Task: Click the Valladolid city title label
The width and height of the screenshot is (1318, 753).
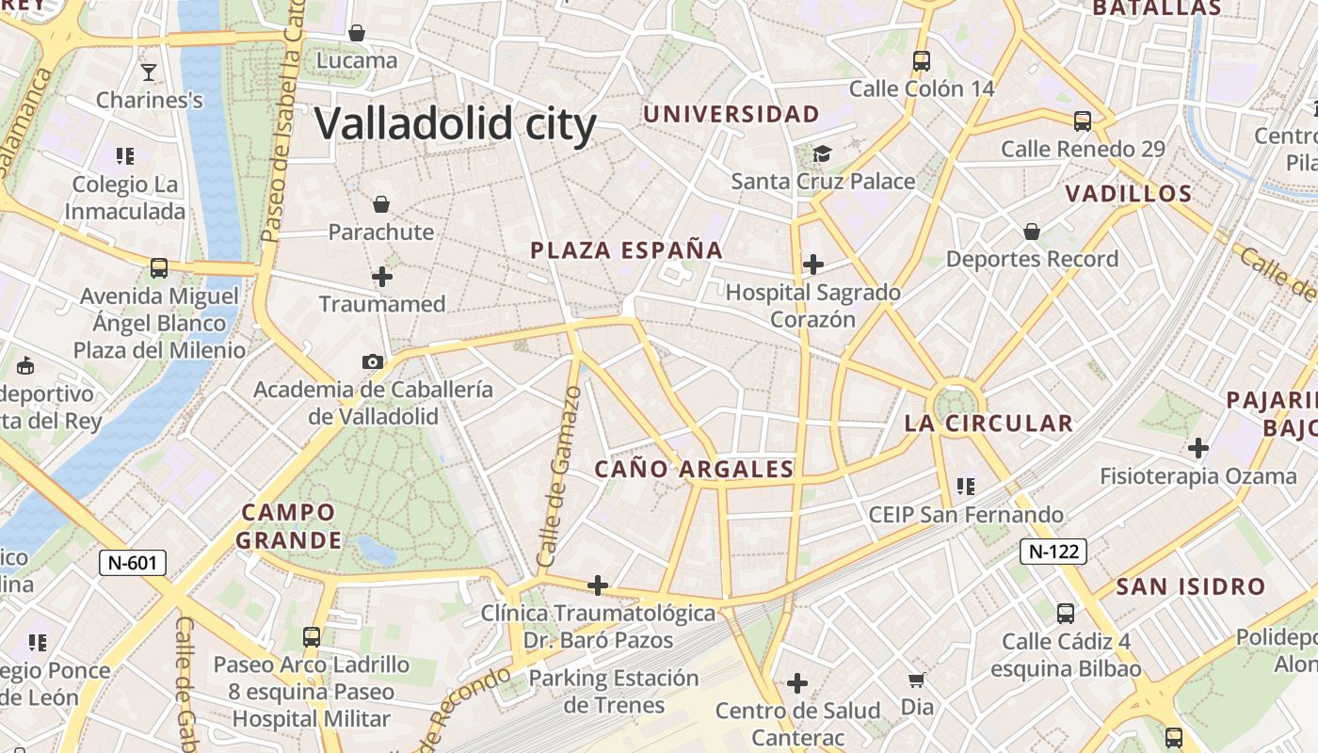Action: tap(456, 123)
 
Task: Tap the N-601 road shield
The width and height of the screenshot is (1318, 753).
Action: tap(133, 563)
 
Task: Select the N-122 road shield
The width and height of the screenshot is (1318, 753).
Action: tap(1053, 552)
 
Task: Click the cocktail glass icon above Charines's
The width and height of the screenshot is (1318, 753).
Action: tap(149, 72)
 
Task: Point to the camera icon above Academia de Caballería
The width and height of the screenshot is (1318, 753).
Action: tap(373, 361)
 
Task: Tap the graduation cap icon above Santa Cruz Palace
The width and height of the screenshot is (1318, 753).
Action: tap(823, 153)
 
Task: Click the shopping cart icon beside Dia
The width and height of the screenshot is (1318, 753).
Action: tap(916, 680)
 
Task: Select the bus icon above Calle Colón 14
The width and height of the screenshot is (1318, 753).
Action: tap(922, 61)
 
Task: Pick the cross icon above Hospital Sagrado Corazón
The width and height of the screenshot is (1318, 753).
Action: tap(813, 264)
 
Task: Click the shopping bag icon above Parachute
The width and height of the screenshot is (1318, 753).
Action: tap(381, 204)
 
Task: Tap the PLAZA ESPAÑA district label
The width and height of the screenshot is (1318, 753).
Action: tap(627, 250)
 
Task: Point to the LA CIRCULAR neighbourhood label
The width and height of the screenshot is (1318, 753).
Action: tap(988, 424)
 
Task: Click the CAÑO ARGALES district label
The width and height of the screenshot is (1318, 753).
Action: tap(695, 469)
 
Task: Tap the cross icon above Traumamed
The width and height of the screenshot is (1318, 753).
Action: tap(382, 277)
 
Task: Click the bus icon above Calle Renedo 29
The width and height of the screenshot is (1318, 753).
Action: tap(1083, 121)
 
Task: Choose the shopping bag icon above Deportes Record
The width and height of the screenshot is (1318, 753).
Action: tap(1032, 232)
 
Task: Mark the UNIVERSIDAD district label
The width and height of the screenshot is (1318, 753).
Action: tap(731, 115)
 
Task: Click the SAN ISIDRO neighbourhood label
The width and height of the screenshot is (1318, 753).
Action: tap(1191, 587)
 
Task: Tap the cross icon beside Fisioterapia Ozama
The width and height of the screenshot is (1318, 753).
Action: tap(1197, 448)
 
